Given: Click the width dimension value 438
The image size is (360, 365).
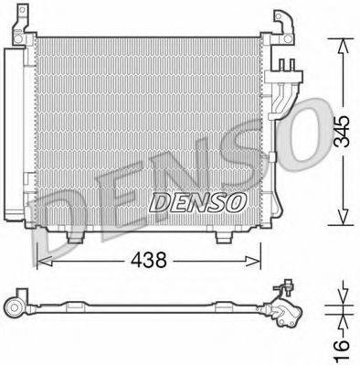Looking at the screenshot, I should [x=147, y=261].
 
